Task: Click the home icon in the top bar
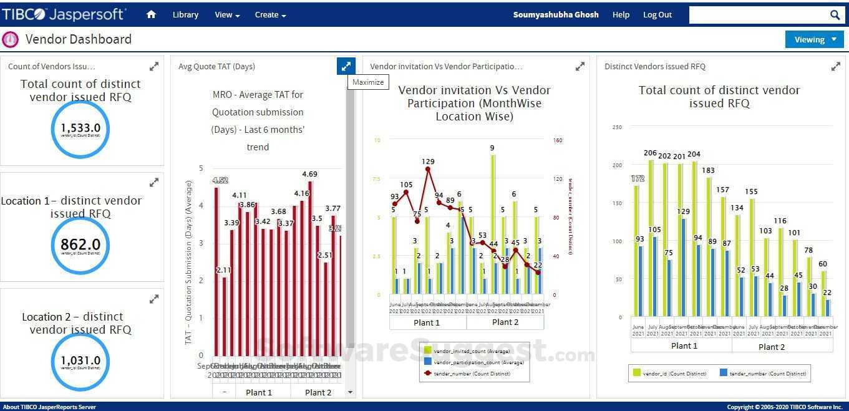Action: coord(151,14)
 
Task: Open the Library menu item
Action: coord(185,14)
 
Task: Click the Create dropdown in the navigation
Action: coord(270,14)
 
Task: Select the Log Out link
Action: coord(657,14)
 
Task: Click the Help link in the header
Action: coord(621,14)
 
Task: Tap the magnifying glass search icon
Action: coord(835,15)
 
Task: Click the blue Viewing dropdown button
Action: coord(814,39)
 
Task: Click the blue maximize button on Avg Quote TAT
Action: coord(346,66)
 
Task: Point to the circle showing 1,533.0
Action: coord(80,129)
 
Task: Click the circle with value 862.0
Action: coord(80,245)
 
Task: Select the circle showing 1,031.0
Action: coord(80,361)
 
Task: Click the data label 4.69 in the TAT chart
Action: coord(309,175)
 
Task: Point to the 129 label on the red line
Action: coord(428,162)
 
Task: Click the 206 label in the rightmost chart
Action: coord(650,153)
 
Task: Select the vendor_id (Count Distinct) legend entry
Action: coord(670,373)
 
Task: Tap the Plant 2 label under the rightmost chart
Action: coord(772,347)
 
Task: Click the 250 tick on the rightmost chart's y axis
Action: coord(617,127)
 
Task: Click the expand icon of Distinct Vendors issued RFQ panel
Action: coord(835,66)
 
